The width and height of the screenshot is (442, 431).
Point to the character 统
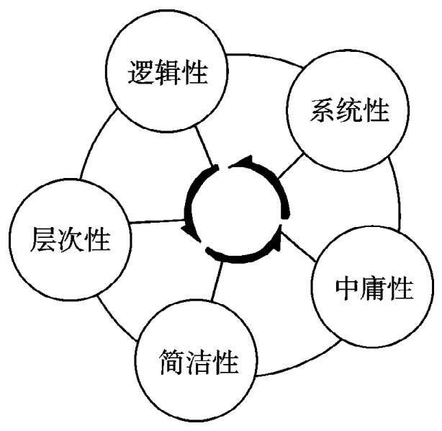point(349,111)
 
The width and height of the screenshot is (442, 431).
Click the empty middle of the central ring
point(236,210)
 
